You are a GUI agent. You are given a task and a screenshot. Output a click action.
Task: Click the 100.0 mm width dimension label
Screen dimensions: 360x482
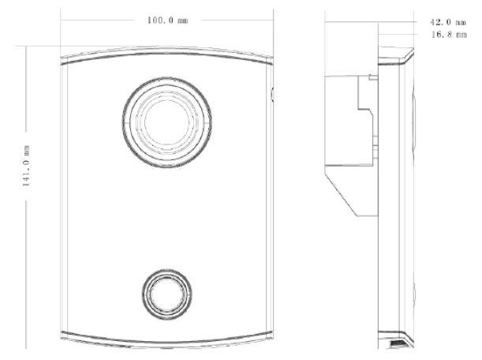(x=167, y=19)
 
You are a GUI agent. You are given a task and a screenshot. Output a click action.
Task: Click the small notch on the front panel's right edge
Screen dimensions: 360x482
(x=271, y=95)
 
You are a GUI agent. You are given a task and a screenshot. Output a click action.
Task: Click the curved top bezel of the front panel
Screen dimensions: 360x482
(x=166, y=54)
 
